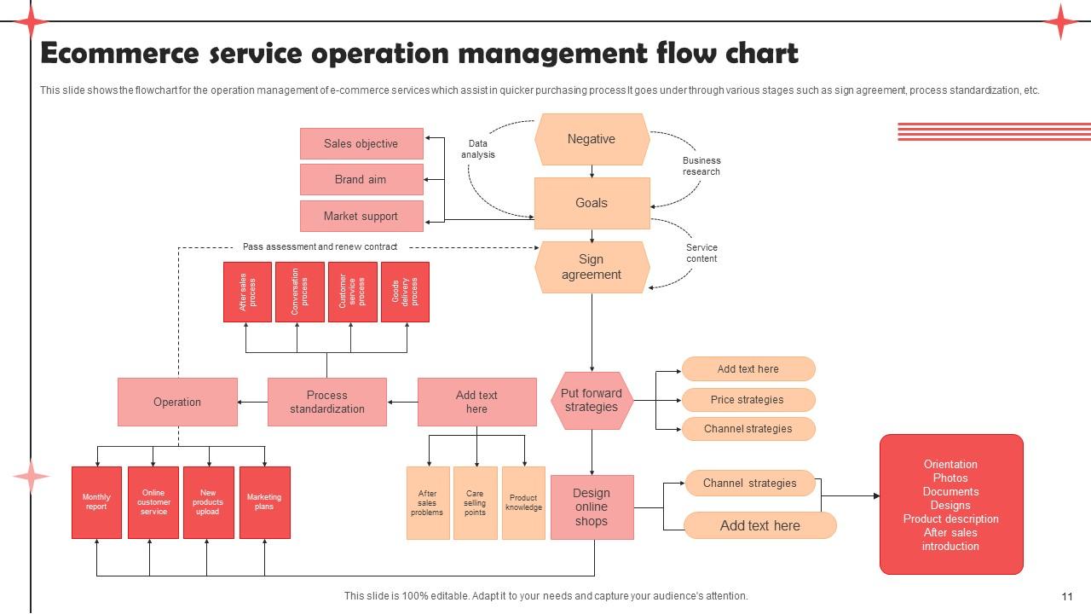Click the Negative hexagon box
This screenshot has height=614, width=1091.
coord(592,140)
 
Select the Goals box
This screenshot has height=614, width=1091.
coord(592,203)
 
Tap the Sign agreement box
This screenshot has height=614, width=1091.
coord(592,267)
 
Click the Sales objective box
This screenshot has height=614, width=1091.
coord(361,143)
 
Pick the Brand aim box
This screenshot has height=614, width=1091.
coord(361,179)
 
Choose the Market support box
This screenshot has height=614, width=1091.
coord(361,216)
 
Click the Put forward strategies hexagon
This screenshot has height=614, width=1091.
coord(592,401)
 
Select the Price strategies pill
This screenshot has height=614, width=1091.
coord(748,399)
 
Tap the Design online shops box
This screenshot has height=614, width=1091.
coord(592,507)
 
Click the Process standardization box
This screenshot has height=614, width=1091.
coord(326,402)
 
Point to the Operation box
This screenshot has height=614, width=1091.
coord(177,402)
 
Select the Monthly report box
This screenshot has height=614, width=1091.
coord(96,502)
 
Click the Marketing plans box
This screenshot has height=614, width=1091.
coord(264,502)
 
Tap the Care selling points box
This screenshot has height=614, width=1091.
coord(475,503)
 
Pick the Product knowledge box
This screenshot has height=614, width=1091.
coord(523,503)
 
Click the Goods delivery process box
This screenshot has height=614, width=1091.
coord(405,292)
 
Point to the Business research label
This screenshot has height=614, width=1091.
coord(701,166)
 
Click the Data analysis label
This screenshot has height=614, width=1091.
coord(478,149)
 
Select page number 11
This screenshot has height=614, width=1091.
coord(1067,596)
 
